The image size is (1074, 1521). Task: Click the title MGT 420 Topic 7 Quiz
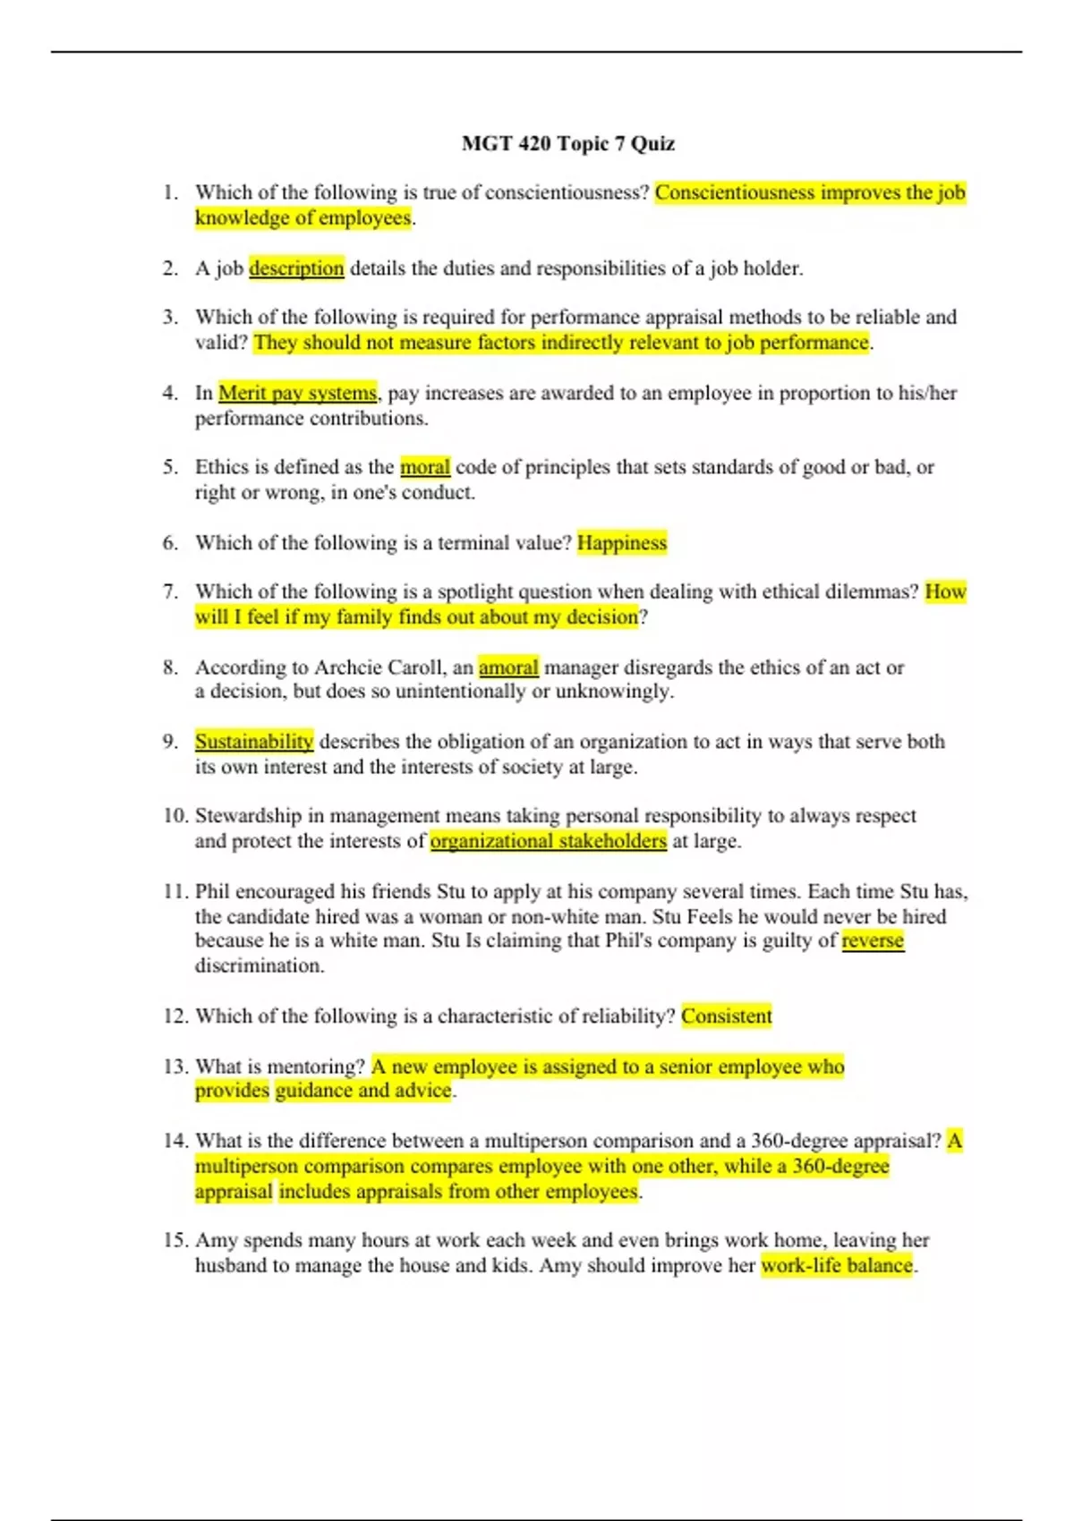click(568, 143)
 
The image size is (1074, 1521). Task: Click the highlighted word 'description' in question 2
click(296, 268)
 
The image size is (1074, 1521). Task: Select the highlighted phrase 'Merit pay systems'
click(297, 393)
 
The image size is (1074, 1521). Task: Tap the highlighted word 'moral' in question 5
click(425, 467)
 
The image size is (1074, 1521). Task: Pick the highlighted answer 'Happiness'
click(622, 543)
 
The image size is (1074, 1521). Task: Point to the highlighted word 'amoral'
click(508, 667)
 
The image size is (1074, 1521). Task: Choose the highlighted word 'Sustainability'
click(254, 742)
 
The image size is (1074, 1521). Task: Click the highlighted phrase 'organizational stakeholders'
click(548, 841)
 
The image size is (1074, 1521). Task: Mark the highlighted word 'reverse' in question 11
click(873, 940)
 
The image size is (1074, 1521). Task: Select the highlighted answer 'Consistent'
click(726, 1016)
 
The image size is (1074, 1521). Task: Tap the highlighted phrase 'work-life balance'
click(837, 1265)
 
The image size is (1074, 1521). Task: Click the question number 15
click(175, 1240)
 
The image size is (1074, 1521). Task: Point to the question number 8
click(170, 667)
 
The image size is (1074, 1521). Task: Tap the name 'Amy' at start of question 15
click(216, 1240)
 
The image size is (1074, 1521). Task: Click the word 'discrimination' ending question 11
click(259, 966)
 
